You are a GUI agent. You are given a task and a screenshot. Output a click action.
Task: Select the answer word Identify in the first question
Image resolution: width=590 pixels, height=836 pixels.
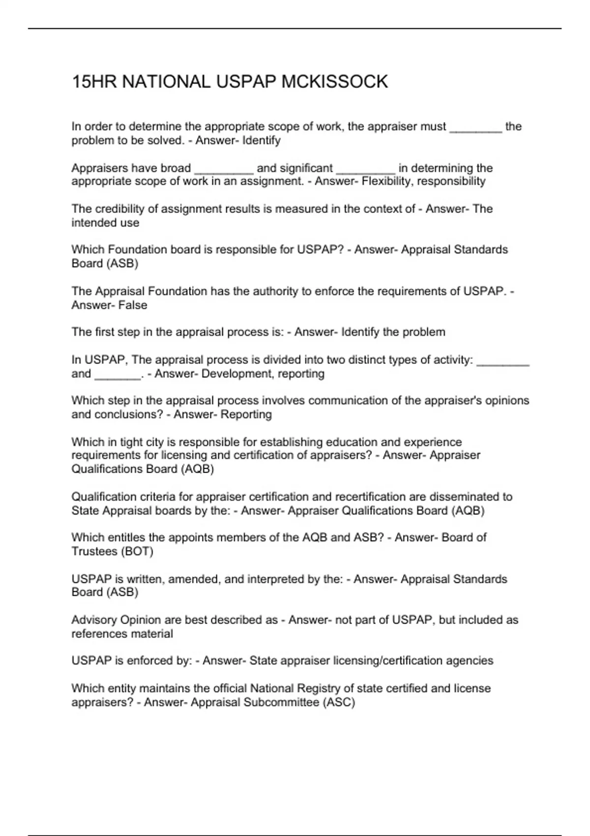click(262, 141)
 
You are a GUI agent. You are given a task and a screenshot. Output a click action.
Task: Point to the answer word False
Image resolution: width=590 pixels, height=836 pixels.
click(133, 305)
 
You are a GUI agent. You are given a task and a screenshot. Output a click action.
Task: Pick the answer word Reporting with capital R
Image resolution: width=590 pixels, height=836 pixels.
click(246, 415)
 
